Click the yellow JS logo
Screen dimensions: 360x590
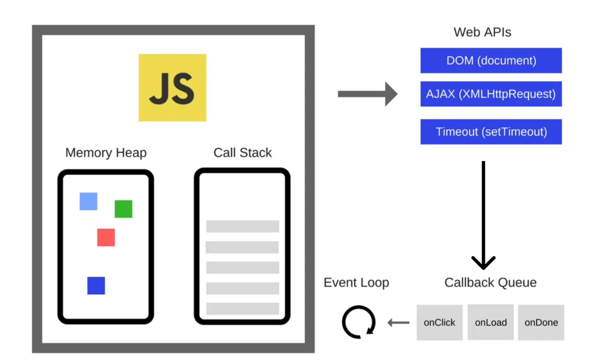tap(172, 88)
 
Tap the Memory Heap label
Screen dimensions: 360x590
tap(106, 153)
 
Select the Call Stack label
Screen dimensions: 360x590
tap(242, 153)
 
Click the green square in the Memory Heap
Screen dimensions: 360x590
tap(123, 209)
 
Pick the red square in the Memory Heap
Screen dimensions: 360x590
tap(106, 237)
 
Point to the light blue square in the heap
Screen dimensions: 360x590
tap(88, 201)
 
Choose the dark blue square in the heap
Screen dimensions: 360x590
tap(96, 285)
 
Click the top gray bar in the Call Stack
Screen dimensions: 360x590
tap(242, 226)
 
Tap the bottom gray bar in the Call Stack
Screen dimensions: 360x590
tap(242, 308)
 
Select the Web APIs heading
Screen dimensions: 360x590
tap(482, 32)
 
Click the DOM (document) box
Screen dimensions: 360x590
tap(491, 61)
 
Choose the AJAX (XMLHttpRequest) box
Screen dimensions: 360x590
tap(491, 94)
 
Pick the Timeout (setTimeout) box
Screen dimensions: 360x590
tap(491, 132)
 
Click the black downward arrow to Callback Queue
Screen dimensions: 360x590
tap(483, 215)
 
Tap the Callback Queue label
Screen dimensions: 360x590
tap(490, 283)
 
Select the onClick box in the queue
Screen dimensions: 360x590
tap(439, 323)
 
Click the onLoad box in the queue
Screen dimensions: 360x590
tap(490, 323)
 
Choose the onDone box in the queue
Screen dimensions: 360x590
tap(541, 323)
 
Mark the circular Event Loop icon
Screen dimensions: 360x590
tap(359, 322)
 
